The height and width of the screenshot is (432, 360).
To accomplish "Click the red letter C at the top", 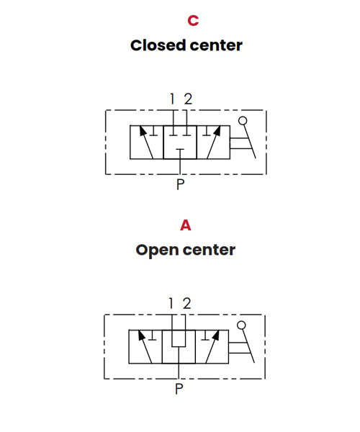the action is tap(193, 20).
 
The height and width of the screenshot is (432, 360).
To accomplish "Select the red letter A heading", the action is tap(186, 225).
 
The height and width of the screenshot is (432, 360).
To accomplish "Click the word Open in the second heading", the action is tap(157, 251).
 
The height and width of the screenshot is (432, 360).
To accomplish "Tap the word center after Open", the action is tap(209, 250).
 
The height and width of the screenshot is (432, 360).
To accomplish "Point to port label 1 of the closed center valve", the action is tap(172, 99).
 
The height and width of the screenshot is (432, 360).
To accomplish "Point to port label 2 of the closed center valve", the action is tap(188, 99).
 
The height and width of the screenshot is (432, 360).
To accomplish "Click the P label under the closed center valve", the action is tap(180, 184).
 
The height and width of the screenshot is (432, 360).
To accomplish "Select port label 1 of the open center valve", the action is tap(171, 303).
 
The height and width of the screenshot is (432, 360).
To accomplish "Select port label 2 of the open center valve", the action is tap(187, 303).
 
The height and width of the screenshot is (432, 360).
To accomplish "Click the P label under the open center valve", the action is tap(179, 389).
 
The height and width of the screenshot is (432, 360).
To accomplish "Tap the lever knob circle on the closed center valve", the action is tap(243, 121).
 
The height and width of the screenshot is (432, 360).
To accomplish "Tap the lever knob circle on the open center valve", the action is tap(241, 325).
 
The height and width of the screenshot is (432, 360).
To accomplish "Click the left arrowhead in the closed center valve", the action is tap(143, 131).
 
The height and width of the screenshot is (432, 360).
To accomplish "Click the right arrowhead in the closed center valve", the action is tap(217, 131).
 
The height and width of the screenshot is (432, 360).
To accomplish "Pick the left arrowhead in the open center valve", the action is tap(142, 336).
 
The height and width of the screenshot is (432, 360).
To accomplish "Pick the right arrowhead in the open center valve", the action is tap(216, 336).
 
